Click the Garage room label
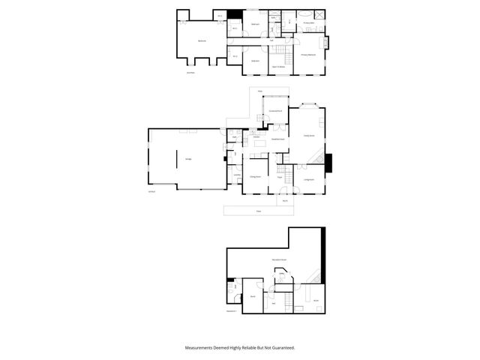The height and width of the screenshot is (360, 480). pos(188,158)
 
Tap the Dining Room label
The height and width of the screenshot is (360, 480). pos(255,177)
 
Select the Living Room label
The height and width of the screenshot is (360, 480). pos(309,179)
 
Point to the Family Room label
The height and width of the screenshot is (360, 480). pos(308,136)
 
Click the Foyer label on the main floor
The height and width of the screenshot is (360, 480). pos(279,177)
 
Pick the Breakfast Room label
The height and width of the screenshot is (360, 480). pos(277,139)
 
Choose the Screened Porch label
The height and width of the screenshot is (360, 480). pos(275,111)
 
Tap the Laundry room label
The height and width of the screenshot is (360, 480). pos(236,175)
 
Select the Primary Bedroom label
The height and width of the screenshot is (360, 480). pos(307,55)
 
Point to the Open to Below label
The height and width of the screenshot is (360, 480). pos(277,67)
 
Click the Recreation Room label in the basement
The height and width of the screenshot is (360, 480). pos(280,259)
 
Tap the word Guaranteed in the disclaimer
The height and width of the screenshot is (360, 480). pos(281,348)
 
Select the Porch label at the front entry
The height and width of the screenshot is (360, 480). pos(285,200)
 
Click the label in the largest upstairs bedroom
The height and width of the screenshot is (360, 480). pos(202,40)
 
